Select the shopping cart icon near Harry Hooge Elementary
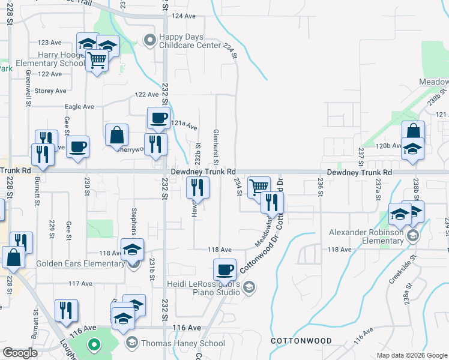tap(97, 61)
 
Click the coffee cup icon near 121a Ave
tap(158, 118)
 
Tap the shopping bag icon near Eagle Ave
tap(116, 135)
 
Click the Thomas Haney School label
tap(183, 344)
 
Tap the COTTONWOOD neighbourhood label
tap(301, 341)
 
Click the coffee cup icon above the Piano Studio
tap(225, 269)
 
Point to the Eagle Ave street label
tap(79, 107)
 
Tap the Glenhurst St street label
tap(215, 146)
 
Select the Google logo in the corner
tap(20, 353)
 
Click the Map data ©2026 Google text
tap(412, 355)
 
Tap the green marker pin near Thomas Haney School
tap(93, 344)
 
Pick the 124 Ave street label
tap(184, 16)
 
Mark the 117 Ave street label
tap(80, 283)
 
